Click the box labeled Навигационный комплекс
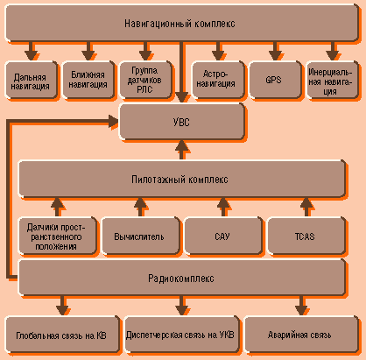click(x=181, y=23)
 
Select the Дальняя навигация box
click(x=31, y=80)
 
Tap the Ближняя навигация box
click(x=88, y=80)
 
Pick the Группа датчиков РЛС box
click(x=145, y=80)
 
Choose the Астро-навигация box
click(x=218, y=80)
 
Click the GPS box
click(x=275, y=80)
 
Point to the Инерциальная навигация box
click(x=332, y=80)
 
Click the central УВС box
click(x=181, y=122)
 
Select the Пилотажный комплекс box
click(x=181, y=179)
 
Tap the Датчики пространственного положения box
click(x=57, y=236)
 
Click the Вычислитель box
click(x=140, y=236)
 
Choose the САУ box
click(x=223, y=236)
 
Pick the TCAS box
click(x=306, y=236)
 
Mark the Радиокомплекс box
click(x=181, y=278)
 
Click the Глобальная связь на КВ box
click(x=62, y=335)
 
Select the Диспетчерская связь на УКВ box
click(x=181, y=335)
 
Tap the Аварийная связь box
click(x=301, y=335)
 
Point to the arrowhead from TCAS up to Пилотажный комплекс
click(x=306, y=202)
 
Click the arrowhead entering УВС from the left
click(x=113, y=122)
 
